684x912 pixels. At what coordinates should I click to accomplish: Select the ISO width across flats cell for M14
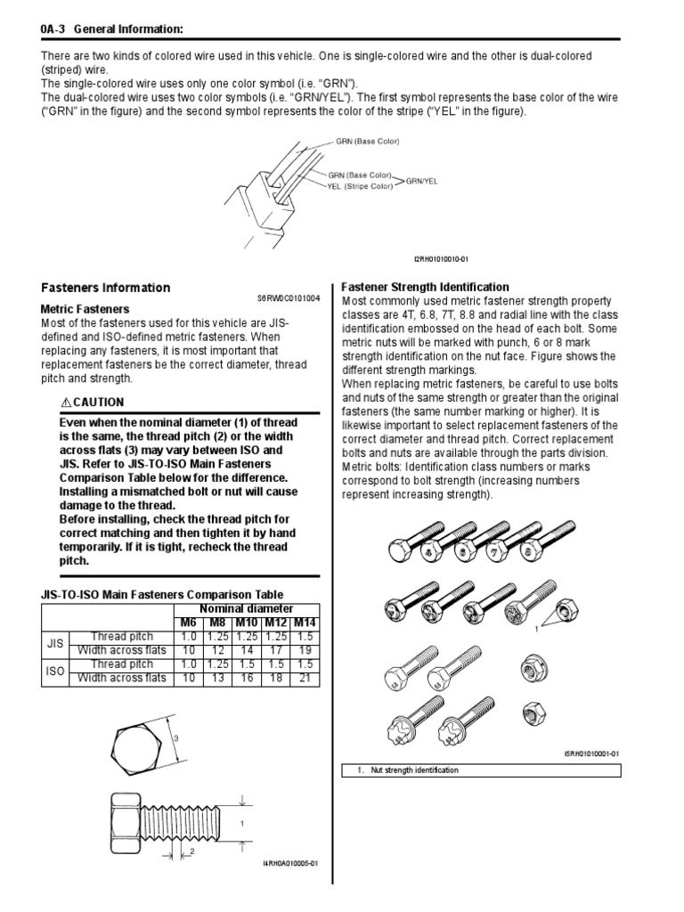tap(305, 678)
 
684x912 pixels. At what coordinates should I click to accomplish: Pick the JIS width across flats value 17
tap(275, 650)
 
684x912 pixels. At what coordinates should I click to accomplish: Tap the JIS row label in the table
tap(53, 643)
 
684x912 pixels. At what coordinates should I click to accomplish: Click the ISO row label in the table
tap(53, 671)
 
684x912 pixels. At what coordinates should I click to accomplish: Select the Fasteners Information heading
tap(106, 288)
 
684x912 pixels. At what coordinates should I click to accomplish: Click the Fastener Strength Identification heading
tap(426, 287)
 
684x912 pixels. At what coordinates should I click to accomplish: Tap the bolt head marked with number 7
tap(495, 552)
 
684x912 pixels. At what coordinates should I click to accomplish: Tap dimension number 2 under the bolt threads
tap(191, 851)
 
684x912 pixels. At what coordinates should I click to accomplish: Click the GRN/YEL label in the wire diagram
tap(421, 181)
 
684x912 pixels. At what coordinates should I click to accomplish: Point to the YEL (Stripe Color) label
tap(361, 186)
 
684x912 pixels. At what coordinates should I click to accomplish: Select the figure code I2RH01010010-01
tap(440, 258)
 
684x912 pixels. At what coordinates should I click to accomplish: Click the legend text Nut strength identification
tap(414, 769)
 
